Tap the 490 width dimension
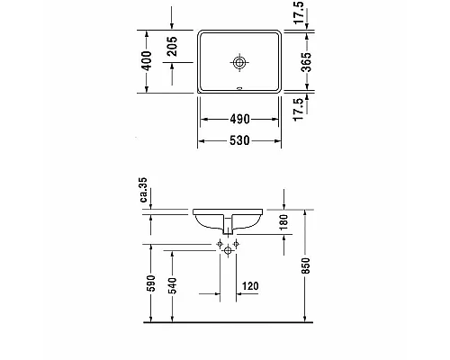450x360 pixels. [239, 119]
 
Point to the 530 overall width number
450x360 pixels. [239, 140]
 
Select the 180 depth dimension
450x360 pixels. [283, 223]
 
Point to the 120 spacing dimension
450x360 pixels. [251, 287]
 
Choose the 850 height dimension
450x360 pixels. [307, 265]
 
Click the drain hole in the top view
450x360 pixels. [239, 62]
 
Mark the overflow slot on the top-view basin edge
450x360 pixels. [239, 89]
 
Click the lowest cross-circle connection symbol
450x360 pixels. [227, 254]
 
